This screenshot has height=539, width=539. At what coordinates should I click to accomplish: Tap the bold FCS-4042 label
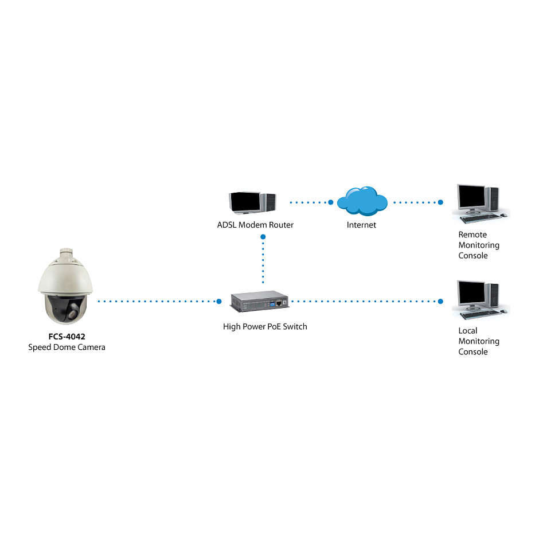tap(67, 337)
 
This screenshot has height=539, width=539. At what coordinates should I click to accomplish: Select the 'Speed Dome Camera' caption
tap(67, 347)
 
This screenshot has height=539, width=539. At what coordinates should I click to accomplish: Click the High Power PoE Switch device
tap(260, 301)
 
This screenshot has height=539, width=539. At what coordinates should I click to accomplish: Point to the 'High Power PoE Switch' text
tap(265, 326)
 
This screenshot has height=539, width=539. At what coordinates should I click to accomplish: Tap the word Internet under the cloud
tap(361, 225)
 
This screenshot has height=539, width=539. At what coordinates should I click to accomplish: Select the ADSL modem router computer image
tap(252, 202)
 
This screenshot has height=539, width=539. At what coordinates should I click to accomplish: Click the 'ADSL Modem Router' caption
tap(255, 225)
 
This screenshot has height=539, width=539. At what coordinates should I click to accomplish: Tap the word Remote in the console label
tap(472, 235)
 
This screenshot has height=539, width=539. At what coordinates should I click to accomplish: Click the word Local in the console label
tap(468, 330)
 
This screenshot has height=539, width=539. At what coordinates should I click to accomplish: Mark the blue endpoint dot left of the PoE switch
tap(219, 301)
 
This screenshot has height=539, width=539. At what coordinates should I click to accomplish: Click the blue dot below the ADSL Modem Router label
tap(263, 236)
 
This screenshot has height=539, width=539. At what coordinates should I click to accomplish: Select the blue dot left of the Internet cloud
tap(331, 202)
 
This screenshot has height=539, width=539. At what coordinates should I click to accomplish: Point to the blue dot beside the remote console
tap(440, 202)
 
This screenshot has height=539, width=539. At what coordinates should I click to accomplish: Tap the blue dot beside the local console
tap(440, 301)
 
